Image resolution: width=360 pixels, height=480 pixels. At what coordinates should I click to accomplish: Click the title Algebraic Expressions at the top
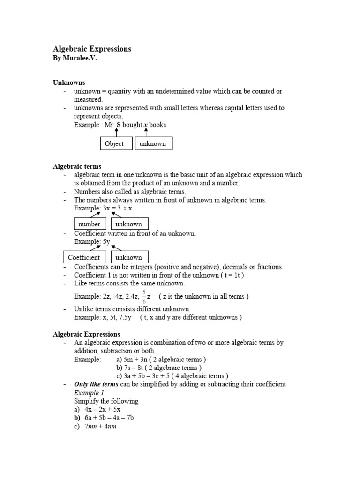pyautogui.click(x=92, y=49)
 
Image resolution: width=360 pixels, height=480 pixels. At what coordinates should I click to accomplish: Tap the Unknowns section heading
pyautogui.click(x=69, y=82)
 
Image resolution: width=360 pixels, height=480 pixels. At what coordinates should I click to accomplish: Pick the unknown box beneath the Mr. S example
pyautogui.click(x=153, y=143)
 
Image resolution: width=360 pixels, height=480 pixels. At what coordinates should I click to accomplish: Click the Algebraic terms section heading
pyautogui.click(x=77, y=166)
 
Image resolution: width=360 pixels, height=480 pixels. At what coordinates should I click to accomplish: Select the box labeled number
pyautogui.click(x=90, y=224)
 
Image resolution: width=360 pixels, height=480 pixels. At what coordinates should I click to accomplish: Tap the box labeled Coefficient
pyautogui.click(x=84, y=257)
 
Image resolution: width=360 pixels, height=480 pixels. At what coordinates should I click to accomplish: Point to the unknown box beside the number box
pyautogui.click(x=129, y=224)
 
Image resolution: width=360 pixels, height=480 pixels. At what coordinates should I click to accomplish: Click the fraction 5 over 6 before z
pyautogui.click(x=144, y=297)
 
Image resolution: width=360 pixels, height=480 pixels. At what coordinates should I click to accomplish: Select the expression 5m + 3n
pyautogui.click(x=140, y=360)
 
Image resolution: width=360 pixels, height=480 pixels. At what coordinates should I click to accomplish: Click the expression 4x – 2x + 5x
pyautogui.click(x=103, y=409)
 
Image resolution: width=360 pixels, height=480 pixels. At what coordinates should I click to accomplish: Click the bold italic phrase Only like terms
pyautogui.click(x=96, y=384)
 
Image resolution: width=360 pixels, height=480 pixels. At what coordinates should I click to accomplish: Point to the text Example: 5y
pyautogui.click(x=92, y=241)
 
